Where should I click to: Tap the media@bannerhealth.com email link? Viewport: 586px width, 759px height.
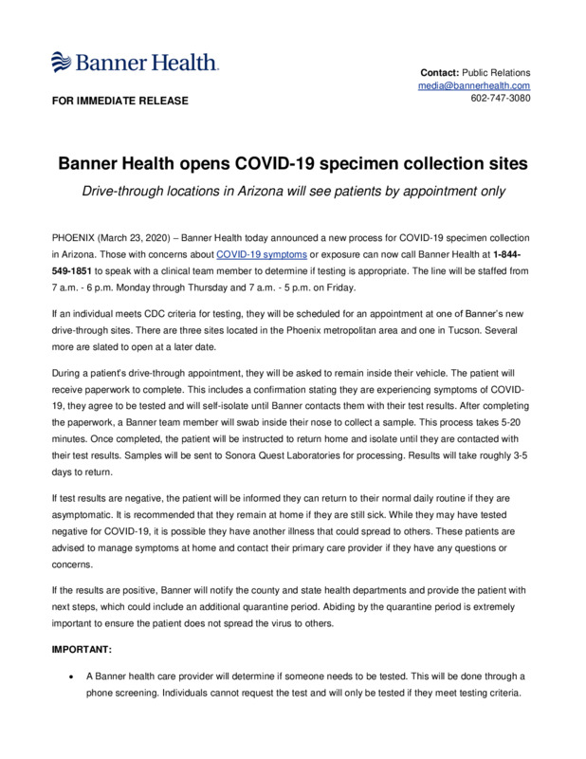coord(475,85)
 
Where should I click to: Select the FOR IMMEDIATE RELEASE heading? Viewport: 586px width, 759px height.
coord(119,101)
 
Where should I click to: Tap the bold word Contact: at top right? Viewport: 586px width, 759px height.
coord(439,72)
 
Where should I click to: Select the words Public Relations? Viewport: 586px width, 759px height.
coord(496,72)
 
